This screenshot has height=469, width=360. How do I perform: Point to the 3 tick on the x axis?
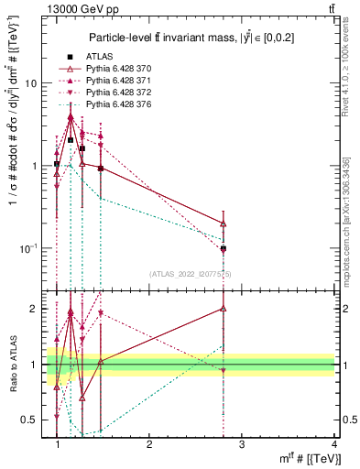(242, 444)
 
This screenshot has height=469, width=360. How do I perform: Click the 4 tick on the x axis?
(334, 444)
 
